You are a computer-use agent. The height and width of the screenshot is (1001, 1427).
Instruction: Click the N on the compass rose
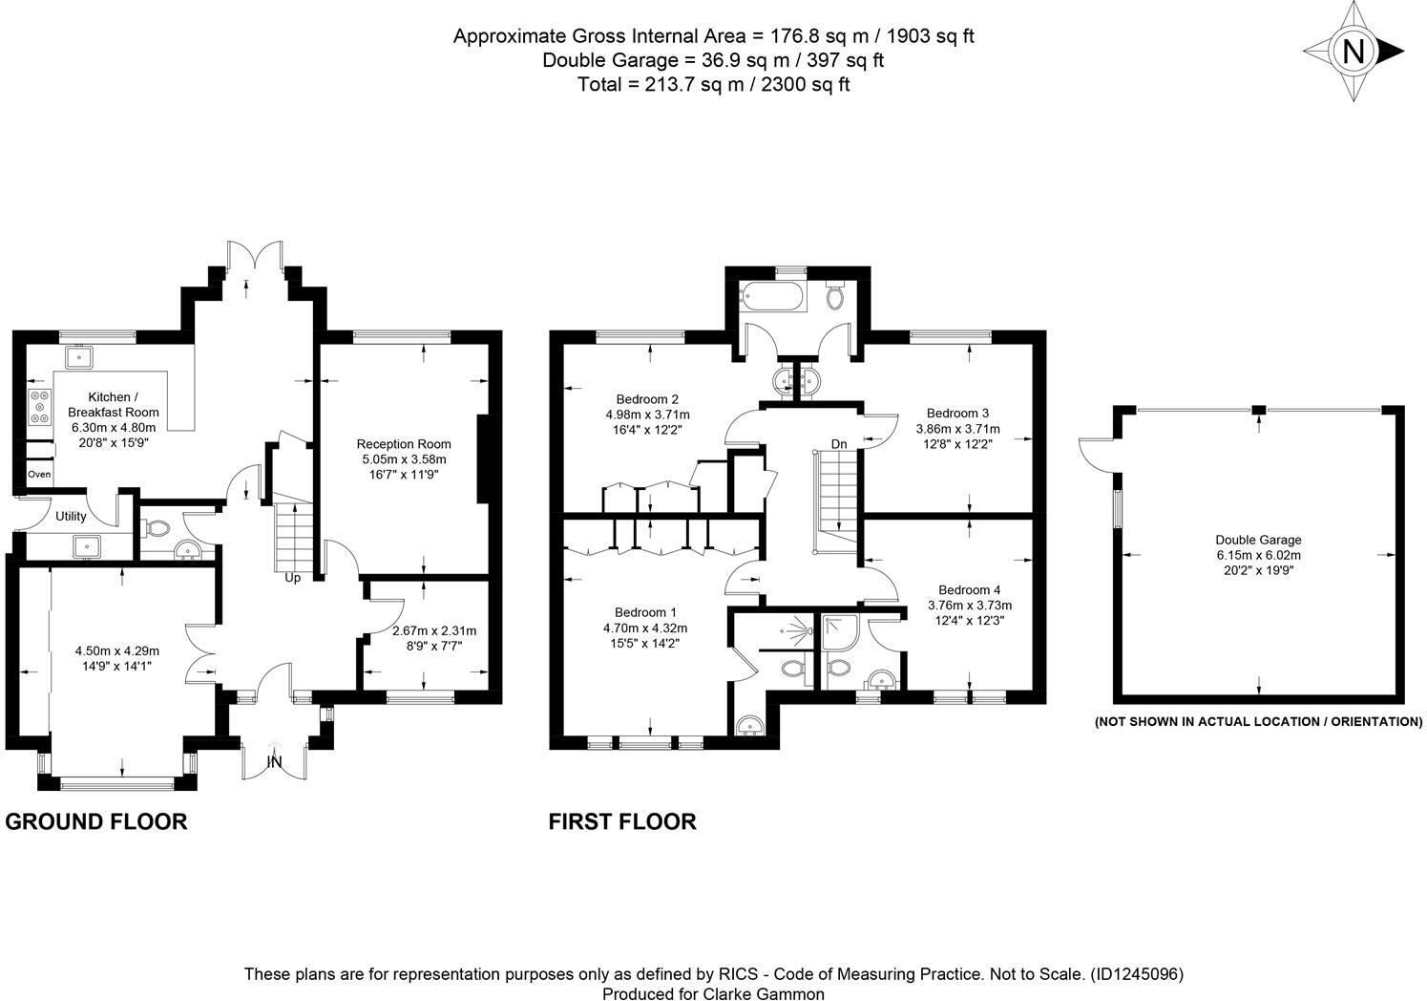pyautogui.click(x=1353, y=51)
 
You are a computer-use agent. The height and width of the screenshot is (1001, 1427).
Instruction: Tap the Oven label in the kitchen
pyautogui.click(x=39, y=475)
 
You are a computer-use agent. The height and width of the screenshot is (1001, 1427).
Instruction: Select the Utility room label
pyautogui.click(x=71, y=517)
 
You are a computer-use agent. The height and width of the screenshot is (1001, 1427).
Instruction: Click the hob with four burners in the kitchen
pyautogui.click(x=40, y=406)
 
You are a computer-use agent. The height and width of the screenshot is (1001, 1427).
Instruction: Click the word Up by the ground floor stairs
pyautogui.click(x=293, y=578)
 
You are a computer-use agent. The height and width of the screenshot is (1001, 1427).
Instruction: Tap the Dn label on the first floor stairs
pyautogui.click(x=839, y=444)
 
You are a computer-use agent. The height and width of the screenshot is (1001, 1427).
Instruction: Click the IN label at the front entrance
pyautogui.click(x=275, y=762)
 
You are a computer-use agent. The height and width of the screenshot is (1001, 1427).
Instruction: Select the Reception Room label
pyautogui.click(x=404, y=444)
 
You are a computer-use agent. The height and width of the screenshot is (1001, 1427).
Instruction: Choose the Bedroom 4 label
pyautogui.click(x=970, y=590)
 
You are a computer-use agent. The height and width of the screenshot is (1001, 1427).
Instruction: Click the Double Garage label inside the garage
pyautogui.click(x=1258, y=540)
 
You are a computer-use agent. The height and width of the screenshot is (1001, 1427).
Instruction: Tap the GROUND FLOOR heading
pyautogui.click(x=96, y=821)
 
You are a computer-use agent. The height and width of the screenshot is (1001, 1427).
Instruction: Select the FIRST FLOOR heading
pyautogui.click(x=622, y=821)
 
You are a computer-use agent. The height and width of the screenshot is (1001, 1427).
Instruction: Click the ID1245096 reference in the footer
pyautogui.click(x=1136, y=975)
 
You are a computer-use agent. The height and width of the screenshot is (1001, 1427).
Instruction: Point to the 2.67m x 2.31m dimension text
pyautogui.click(x=434, y=630)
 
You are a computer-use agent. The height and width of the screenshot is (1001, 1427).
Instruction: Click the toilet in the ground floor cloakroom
pyautogui.click(x=157, y=527)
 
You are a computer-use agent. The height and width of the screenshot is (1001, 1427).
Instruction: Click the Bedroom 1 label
pyautogui.click(x=645, y=612)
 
